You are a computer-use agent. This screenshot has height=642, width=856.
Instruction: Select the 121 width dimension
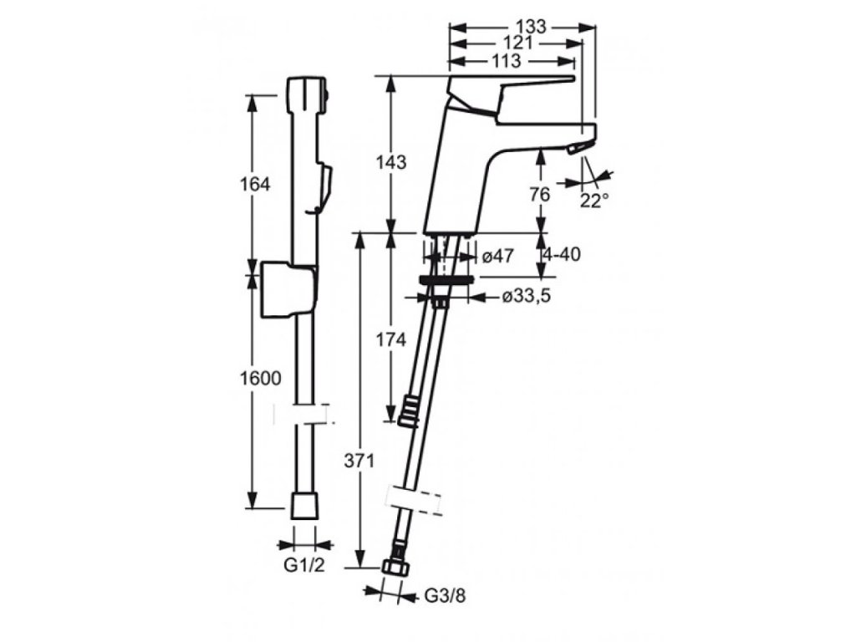pyautogui.click(x=518, y=43)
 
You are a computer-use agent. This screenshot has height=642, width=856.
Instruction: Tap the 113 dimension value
pyautogui.click(x=507, y=60)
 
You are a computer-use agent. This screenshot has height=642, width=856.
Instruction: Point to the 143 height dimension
pyautogui.click(x=391, y=162)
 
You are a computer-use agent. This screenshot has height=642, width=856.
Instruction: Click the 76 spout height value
pyautogui.click(x=539, y=194)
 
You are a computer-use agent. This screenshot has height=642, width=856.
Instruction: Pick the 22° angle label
pyautogui.click(x=595, y=201)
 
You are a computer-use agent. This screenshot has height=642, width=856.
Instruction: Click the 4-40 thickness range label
pyautogui.click(x=562, y=255)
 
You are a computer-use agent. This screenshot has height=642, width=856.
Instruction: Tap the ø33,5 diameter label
pyautogui.click(x=527, y=296)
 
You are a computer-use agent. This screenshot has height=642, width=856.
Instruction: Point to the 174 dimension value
pyautogui.click(x=391, y=340)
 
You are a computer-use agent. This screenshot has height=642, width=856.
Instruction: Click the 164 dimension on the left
pyautogui.click(x=253, y=184)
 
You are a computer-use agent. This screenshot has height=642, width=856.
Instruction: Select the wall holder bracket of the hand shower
pyautogui.click(x=288, y=288)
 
